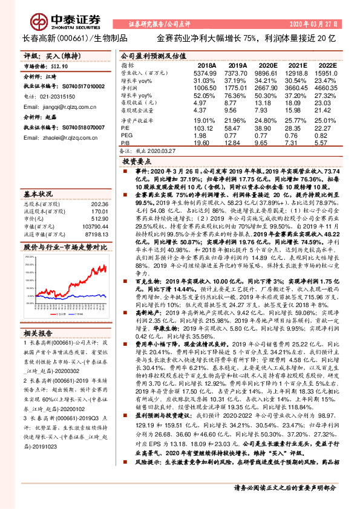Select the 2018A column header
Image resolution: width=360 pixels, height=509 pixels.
pos(206,65)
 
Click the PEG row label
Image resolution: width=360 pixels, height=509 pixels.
pos(127,135)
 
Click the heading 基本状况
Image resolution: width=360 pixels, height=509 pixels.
pos(38,194)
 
